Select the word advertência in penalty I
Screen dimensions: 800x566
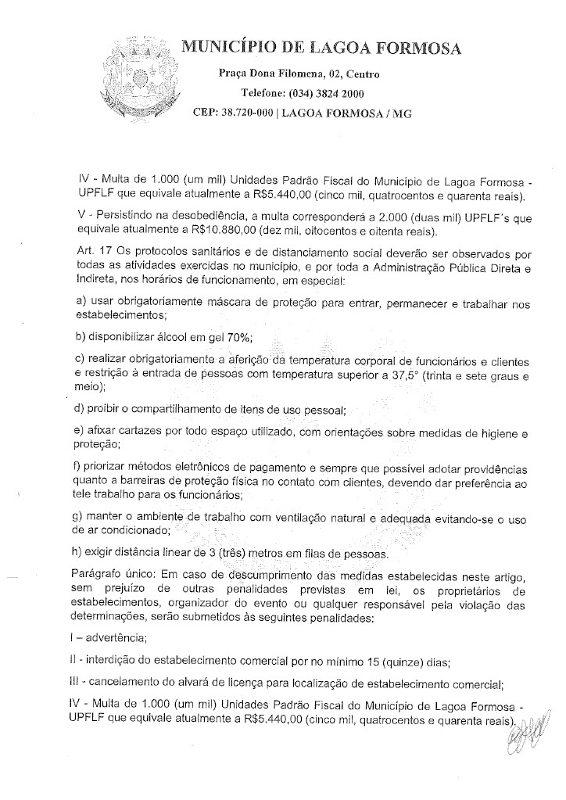coord(112,638)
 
